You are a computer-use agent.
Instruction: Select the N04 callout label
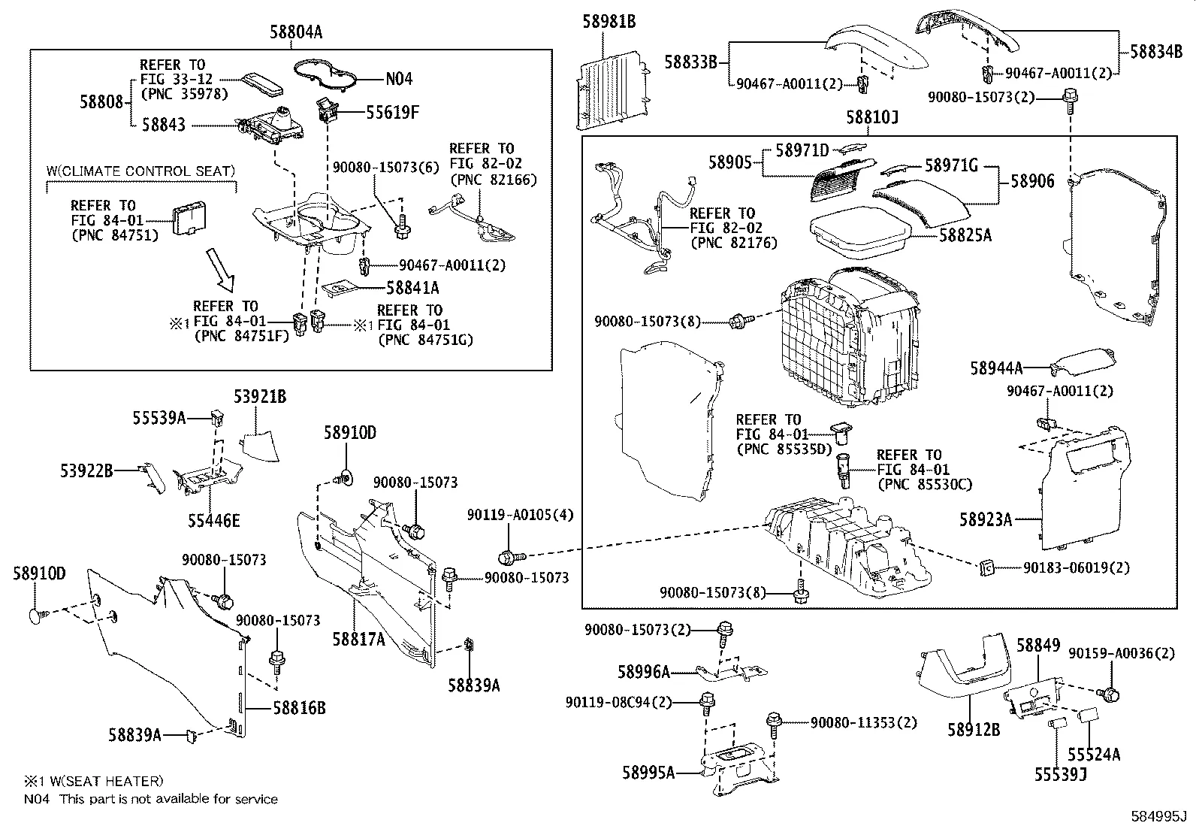coord(398,79)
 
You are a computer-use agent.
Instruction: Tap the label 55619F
coord(392,113)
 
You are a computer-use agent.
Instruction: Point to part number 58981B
coord(609,22)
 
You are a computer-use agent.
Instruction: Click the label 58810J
coord(872,118)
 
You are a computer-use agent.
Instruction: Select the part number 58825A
coord(965,235)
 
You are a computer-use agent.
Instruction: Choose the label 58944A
coord(996,368)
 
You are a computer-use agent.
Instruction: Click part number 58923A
coord(986,519)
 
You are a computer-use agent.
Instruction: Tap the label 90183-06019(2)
coord(1076,568)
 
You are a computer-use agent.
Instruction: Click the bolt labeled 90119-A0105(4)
coord(507,558)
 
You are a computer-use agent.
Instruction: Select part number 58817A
coord(359,639)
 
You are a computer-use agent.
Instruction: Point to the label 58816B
coord(299,708)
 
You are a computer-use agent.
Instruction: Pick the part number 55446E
coord(214,520)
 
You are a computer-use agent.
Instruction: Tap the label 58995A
coord(648,772)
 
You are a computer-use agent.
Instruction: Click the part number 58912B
coord(974,729)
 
